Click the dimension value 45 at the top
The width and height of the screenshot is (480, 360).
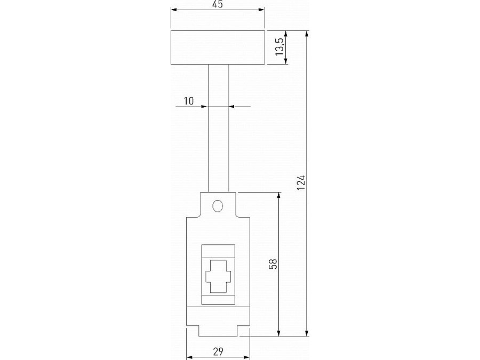218,4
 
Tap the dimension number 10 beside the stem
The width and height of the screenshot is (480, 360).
189,101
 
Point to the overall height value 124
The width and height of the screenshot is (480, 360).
301,183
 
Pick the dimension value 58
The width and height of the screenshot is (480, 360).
272,264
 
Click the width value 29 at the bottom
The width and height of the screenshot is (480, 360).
218,351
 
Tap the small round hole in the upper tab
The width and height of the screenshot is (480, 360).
218,206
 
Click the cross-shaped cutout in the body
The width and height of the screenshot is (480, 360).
218,276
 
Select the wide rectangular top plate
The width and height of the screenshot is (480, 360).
218,47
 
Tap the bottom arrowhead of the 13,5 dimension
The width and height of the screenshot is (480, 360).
286,61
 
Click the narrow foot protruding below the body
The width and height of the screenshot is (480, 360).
218,331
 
